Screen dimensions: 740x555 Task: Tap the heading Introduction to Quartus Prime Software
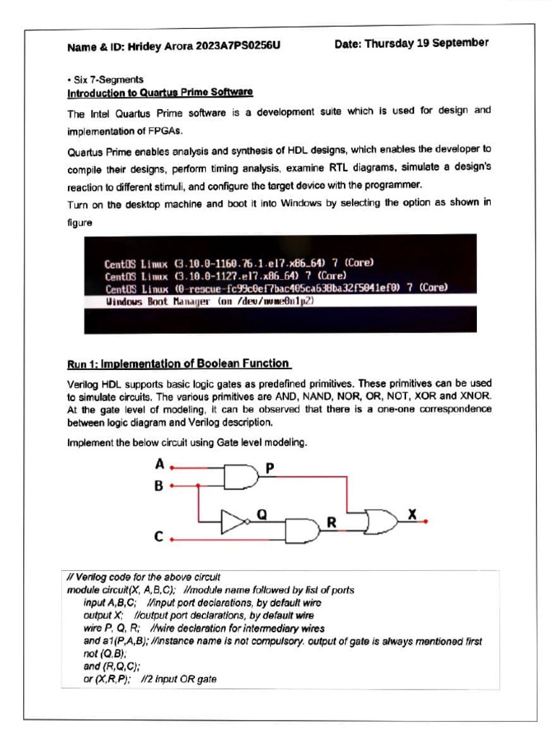[160, 92]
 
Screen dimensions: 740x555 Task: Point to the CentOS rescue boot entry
[276, 288]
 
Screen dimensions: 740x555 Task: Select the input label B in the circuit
[158, 486]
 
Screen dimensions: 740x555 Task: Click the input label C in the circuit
[158, 537]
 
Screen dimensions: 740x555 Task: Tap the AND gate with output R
[301, 530]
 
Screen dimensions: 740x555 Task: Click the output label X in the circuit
[413, 514]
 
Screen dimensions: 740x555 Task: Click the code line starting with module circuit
[210, 590]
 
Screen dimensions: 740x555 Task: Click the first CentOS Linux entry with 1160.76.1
[238, 264]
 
